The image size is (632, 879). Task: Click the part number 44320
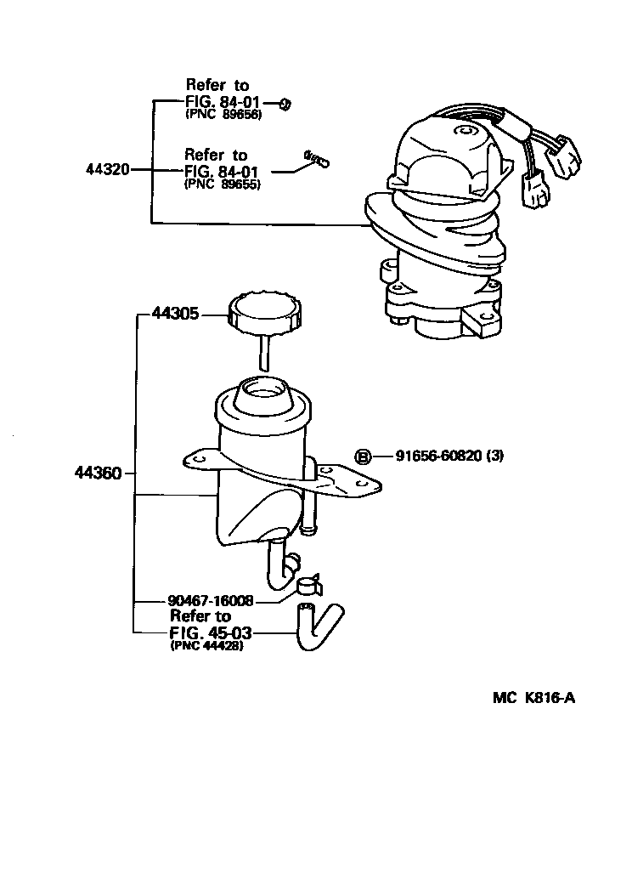click(x=107, y=169)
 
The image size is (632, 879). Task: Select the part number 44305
click(x=175, y=314)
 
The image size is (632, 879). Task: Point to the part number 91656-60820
click(x=441, y=457)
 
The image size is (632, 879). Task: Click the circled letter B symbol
click(x=364, y=457)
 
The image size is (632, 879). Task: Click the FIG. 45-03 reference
click(x=212, y=632)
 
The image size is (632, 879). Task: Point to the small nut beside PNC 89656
click(x=286, y=105)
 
